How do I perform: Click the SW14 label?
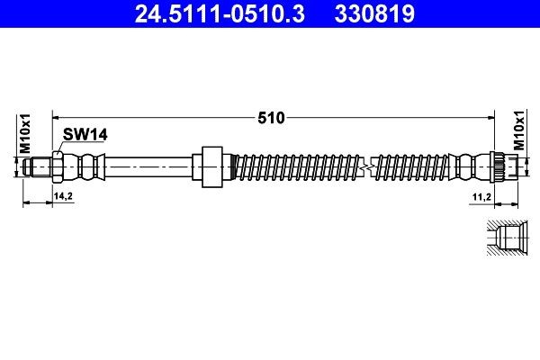[85, 134]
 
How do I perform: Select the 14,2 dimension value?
[63, 195]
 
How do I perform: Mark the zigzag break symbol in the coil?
[364, 166]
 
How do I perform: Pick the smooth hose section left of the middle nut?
[148, 166]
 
